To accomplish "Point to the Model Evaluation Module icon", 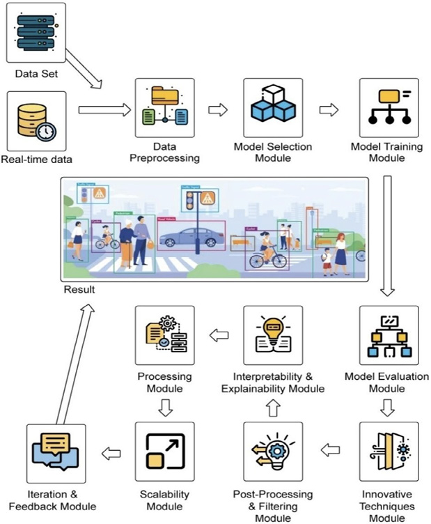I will coord(388,336).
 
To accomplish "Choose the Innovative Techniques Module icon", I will coord(388,452).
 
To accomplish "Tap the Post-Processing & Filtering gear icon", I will coord(273,452).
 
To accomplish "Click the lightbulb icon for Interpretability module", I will coord(273,336).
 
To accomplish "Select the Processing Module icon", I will coord(164,336).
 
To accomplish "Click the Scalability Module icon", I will coord(164,452).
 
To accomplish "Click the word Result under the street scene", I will coord(78,288).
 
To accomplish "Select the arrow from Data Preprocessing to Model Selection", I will coord(218,109).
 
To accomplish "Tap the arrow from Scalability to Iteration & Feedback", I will coord(111,454).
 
